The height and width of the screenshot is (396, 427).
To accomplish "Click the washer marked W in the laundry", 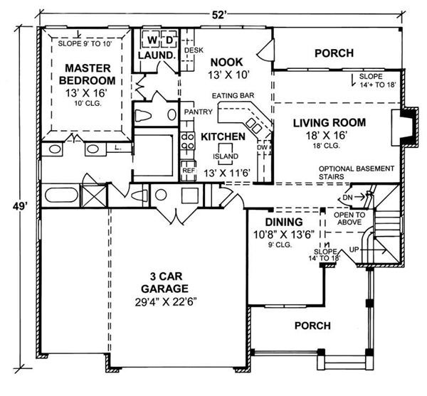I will [151, 39].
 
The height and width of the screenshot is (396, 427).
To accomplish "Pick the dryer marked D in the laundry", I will [169, 39].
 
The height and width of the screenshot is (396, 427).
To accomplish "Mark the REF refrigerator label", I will [189, 171].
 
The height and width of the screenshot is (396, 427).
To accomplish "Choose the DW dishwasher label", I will [263, 149].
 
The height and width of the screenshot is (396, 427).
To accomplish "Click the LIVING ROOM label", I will [330, 122].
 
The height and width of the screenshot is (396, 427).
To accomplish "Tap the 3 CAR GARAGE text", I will [164, 282].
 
